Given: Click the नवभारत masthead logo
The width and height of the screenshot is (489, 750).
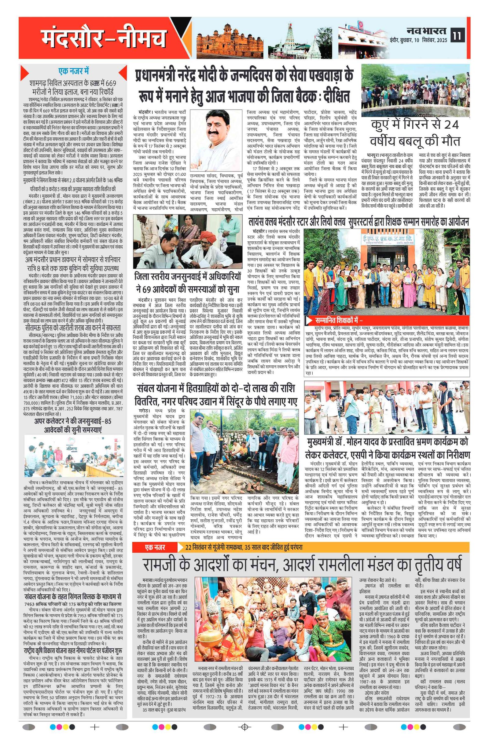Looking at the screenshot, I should tap(427, 31).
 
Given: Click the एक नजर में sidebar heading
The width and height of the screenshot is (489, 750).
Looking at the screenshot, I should tap(73, 71).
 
